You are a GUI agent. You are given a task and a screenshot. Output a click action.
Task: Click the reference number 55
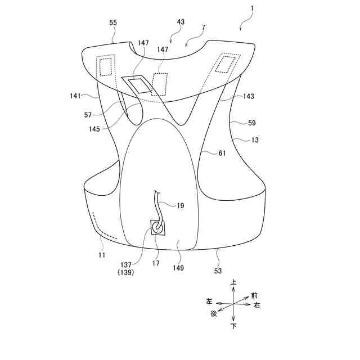113,23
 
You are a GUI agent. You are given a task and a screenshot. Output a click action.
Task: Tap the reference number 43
181,23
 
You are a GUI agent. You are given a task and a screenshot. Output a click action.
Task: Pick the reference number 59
250,122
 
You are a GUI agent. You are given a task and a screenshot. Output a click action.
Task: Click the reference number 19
180,206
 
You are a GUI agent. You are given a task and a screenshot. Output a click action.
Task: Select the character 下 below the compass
233,326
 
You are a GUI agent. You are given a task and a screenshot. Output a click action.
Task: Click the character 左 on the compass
209,301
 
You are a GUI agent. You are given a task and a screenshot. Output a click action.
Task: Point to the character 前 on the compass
254,295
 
